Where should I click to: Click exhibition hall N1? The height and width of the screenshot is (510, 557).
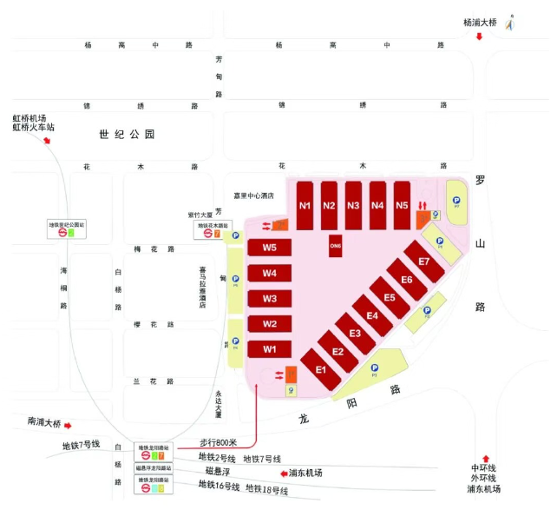[x=305, y=206]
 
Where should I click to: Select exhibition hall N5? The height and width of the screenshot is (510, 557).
[x=402, y=206]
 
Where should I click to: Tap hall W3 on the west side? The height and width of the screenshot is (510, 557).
[x=270, y=299]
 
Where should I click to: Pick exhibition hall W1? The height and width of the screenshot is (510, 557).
[x=270, y=349]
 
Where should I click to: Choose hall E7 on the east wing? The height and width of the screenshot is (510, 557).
[x=423, y=262]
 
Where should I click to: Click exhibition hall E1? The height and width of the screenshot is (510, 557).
[x=320, y=370]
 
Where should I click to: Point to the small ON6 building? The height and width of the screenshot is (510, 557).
[x=336, y=246]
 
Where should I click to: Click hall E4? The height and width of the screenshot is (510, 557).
[x=372, y=315]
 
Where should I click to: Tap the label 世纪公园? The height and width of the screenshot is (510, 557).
[x=126, y=135]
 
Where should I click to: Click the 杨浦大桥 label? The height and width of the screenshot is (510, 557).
[x=481, y=23]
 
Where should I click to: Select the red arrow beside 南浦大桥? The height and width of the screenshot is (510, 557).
[x=68, y=424]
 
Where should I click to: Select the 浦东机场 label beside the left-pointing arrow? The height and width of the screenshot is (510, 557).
[x=305, y=473]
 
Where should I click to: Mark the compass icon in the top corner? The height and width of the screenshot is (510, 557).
[x=511, y=22]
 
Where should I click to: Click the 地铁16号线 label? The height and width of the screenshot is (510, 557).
[x=219, y=485]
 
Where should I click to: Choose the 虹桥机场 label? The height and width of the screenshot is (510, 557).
[x=29, y=119]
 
